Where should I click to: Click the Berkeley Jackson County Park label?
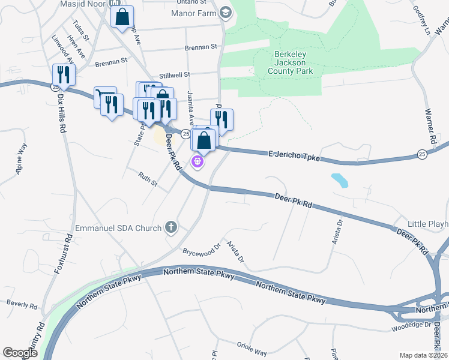tap(290, 62)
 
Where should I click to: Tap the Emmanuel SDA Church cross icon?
tap(171, 227)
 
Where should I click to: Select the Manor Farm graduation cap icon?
tap(225, 13)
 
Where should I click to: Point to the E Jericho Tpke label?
tap(294, 157)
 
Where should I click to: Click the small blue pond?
tap(339, 179)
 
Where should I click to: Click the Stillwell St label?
tap(174, 75)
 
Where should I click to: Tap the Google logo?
tap(20, 353)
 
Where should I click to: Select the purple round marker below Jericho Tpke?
tap(196, 161)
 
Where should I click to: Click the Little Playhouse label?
tap(428, 224)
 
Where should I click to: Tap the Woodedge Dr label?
tap(412, 325)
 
